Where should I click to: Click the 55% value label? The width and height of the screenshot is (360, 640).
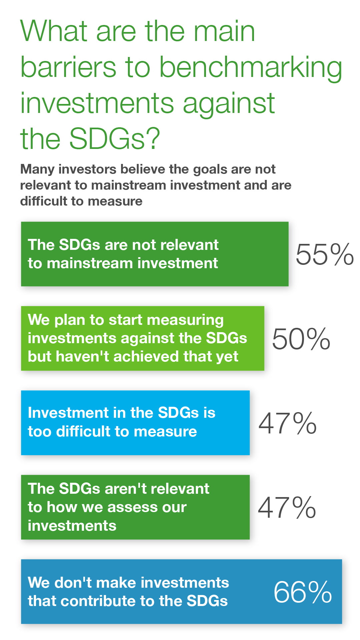325,254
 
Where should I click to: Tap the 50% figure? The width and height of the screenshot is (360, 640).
301,339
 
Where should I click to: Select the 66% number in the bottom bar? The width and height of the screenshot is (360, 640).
303,592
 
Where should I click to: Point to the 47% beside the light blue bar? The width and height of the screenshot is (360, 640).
287,423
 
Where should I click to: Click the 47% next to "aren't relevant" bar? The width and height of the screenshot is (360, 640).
287,507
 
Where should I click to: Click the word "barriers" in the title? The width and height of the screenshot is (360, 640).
68,67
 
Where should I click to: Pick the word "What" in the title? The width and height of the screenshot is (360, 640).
54,31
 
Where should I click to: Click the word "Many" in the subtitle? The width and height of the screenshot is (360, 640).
37,170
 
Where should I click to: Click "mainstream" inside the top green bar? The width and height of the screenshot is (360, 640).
90,263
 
